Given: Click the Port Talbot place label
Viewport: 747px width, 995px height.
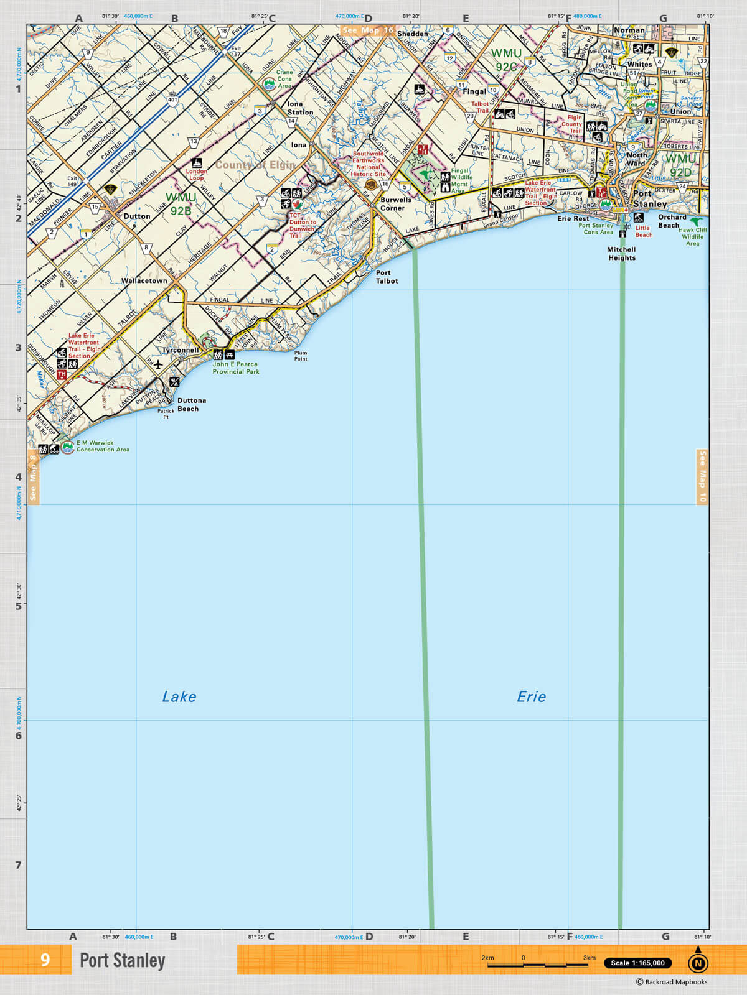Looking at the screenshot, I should [x=387, y=277].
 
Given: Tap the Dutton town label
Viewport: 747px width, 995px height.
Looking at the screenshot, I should [x=136, y=216].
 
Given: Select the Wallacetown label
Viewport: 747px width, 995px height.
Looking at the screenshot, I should [x=144, y=280].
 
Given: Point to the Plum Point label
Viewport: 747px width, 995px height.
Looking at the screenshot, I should [x=301, y=356].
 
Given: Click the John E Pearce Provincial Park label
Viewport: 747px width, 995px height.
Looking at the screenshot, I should [x=236, y=368].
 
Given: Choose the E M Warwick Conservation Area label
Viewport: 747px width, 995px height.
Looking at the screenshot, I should [x=103, y=446].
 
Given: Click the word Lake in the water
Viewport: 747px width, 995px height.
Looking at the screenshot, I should [x=179, y=696].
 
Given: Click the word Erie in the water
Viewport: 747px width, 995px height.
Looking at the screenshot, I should [x=531, y=696].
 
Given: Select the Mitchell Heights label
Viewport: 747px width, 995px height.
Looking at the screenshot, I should [x=622, y=254].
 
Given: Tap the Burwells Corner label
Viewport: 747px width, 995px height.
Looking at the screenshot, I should [x=395, y=204].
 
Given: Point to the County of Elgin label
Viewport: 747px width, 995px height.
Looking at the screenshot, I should [x=255, y=165].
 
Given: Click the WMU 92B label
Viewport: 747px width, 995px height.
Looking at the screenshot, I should [x=181, y=204].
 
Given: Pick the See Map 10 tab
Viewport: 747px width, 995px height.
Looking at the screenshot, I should [x=702, y=476].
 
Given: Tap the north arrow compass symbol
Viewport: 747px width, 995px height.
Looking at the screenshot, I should [x=698, y=961].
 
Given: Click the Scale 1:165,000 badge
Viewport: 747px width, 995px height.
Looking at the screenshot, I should [x=637, y=963].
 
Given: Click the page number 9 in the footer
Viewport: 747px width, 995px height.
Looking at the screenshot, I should [x=45, y=960].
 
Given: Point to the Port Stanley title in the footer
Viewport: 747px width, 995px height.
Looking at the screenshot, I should [x=123, y=960].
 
